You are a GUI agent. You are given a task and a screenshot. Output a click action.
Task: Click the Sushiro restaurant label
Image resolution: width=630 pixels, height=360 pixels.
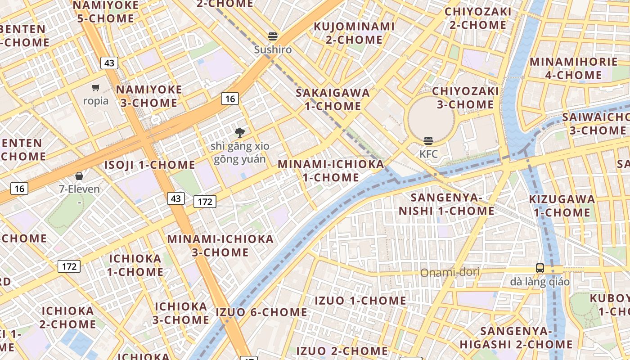273,49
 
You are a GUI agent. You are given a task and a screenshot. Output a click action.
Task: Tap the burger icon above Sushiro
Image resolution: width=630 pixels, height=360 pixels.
273,36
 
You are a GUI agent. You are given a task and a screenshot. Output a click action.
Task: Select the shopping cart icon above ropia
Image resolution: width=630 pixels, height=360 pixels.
95,88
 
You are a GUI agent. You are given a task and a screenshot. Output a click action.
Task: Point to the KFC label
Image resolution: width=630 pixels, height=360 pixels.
428,154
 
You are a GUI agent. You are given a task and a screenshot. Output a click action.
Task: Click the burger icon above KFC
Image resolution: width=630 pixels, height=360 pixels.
428,141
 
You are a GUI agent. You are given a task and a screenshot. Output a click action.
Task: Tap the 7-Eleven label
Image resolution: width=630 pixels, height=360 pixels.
79,189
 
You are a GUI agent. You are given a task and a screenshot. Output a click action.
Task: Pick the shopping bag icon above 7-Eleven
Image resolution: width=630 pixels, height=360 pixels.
79,176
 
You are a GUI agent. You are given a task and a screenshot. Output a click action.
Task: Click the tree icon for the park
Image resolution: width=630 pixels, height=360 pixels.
240,132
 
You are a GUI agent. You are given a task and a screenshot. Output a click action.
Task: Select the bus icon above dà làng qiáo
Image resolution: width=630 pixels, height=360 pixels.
540,268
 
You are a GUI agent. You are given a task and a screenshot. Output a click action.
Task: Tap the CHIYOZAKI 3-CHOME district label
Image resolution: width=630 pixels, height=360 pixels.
465,98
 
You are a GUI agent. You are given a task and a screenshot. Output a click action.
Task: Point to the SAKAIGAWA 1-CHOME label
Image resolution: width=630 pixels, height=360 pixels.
333,99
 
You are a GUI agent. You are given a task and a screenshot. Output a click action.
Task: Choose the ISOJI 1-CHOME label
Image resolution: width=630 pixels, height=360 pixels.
150,165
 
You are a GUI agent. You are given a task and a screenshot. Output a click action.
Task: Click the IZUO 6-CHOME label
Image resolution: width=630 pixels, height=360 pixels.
261,312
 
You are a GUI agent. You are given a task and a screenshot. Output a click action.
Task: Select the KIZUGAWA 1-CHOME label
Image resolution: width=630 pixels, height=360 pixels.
562,206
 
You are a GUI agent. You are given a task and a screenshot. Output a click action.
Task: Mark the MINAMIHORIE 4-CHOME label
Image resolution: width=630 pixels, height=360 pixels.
574,68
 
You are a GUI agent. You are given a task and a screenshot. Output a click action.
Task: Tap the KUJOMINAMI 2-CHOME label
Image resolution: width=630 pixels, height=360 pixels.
354,33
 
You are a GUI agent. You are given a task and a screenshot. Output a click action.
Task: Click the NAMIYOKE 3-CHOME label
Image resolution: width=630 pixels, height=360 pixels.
149,96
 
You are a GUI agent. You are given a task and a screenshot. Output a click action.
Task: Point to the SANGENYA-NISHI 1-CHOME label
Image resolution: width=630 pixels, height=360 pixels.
446,204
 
